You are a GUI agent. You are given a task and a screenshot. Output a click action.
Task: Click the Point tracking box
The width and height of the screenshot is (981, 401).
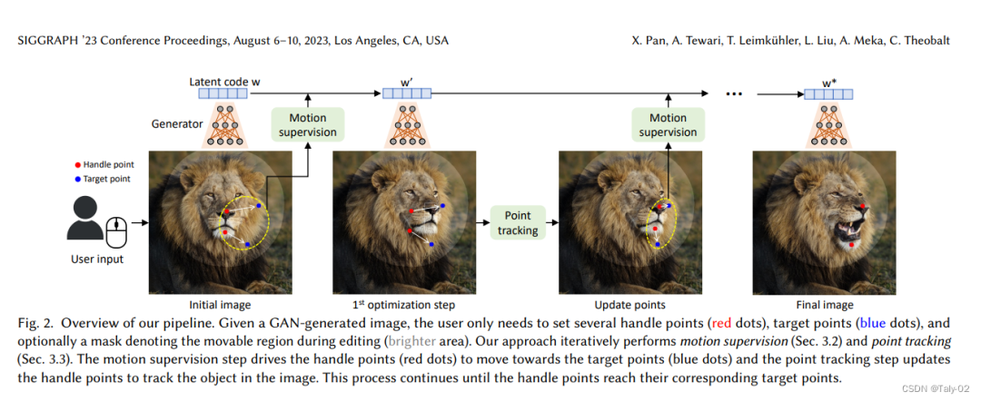516,222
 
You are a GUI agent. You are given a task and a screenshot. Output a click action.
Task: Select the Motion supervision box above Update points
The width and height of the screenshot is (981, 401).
668,124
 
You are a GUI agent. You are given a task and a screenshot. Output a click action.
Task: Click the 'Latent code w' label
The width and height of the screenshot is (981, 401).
224,81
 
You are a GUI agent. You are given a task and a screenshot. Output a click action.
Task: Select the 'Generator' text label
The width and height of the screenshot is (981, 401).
177,123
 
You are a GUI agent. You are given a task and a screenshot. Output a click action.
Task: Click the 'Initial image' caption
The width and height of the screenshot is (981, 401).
220,305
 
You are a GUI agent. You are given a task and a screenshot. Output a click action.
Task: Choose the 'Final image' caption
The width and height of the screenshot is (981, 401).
825,305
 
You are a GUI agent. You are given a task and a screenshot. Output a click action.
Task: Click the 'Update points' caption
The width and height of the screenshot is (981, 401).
629,305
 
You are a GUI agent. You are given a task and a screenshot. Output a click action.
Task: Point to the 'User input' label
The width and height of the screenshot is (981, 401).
96,259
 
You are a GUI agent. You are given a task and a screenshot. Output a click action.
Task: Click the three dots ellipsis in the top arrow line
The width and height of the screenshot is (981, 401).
736,93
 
